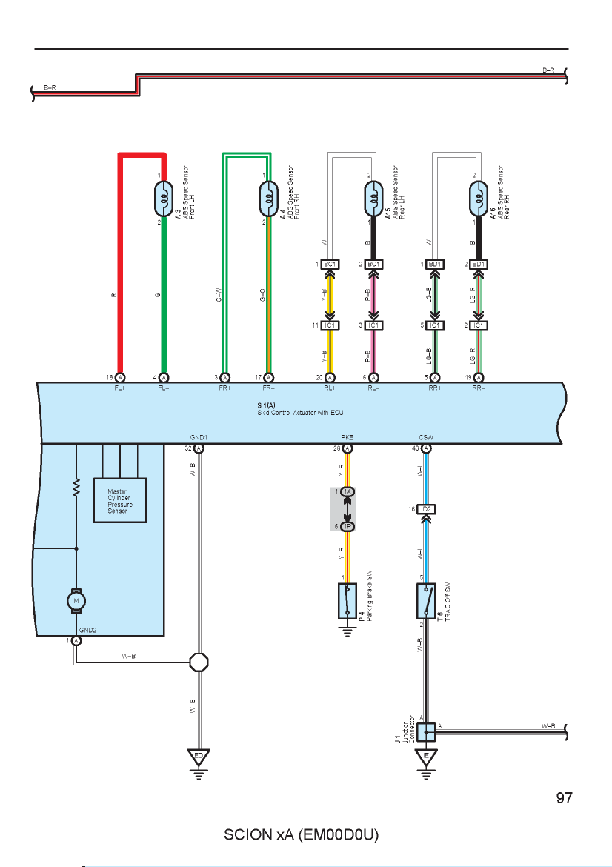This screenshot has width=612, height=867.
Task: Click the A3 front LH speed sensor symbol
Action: (164, 199)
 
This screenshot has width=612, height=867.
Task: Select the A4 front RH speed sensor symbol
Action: (269, 199)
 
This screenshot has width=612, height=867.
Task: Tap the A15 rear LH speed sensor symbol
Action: (373, 199)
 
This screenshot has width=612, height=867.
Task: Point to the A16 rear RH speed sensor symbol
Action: (479, 199)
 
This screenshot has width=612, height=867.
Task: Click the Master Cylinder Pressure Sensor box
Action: (120, 500)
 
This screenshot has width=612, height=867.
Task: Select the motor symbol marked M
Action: (76, 601)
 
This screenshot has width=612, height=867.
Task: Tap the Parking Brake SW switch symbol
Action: (347, 601)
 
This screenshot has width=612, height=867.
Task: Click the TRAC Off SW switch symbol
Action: (426, 601)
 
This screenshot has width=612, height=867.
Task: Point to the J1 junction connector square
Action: (426, 732)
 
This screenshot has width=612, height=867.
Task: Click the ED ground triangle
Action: (199, 757)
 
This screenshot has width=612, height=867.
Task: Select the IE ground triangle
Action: (426, 757)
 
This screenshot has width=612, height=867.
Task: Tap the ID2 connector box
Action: (426, 508)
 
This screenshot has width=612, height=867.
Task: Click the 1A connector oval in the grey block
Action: (347, 491)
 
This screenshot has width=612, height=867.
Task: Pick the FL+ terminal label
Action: (120, 388)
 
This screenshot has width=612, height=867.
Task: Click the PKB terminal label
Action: (347, 437)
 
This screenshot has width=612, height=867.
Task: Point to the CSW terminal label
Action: (426, 437)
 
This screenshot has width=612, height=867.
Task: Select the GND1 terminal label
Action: (199, 437)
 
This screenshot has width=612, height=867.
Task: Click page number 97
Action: (564, 798)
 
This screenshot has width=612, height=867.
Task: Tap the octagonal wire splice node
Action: (199, 662)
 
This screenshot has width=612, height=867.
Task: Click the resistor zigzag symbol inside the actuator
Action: (76, 487)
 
